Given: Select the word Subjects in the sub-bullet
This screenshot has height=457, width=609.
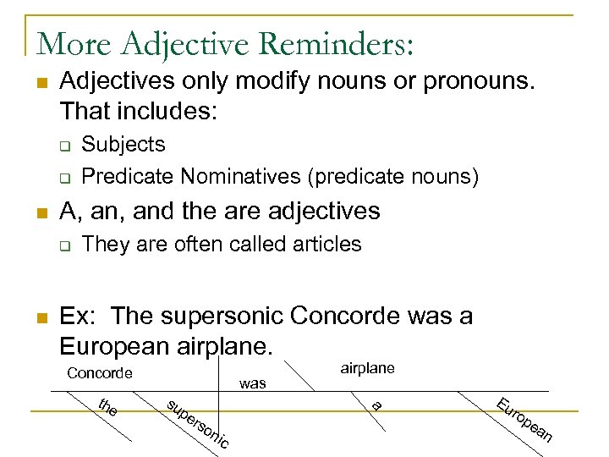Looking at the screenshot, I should pos(123,145).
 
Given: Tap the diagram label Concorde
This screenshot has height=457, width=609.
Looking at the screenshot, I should pos(99,373).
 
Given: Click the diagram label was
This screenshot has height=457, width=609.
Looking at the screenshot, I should pos(253,383).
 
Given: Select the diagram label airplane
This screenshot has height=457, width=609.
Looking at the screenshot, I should pos(367,368).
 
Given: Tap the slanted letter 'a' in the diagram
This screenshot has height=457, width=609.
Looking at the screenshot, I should pos(377,405).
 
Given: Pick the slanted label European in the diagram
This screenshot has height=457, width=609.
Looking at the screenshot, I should pos(524,420).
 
